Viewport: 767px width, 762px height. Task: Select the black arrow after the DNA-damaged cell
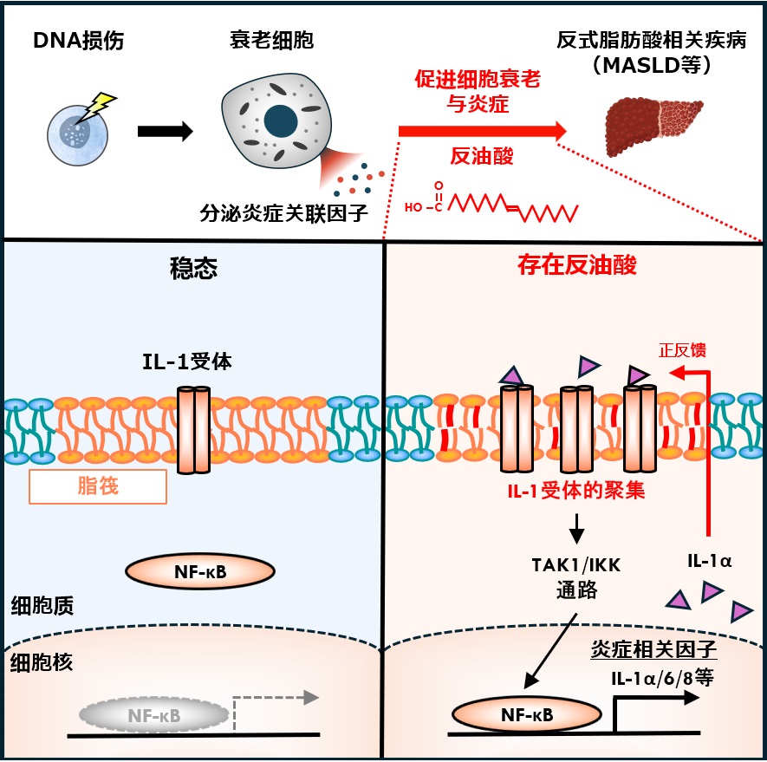coord(165,132)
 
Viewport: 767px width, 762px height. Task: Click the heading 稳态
coord(192,267)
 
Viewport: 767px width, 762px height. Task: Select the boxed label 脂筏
coord(98,487)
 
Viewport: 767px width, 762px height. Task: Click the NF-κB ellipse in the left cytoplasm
coord(200,571)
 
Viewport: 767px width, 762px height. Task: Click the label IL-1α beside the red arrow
coord(709,561)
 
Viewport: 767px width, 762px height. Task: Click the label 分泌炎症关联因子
coord(290,210)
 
